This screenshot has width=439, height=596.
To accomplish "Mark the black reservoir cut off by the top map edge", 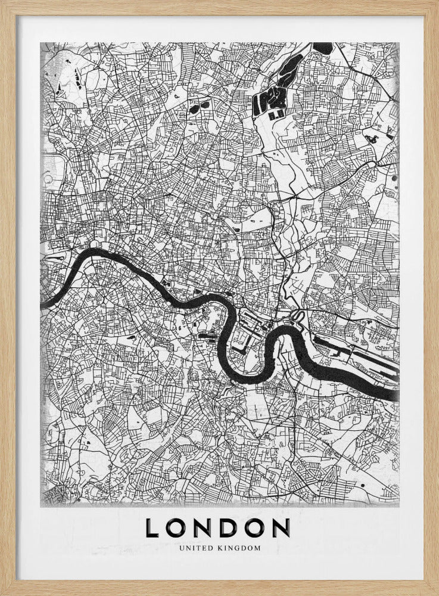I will (x=322, y=46).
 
